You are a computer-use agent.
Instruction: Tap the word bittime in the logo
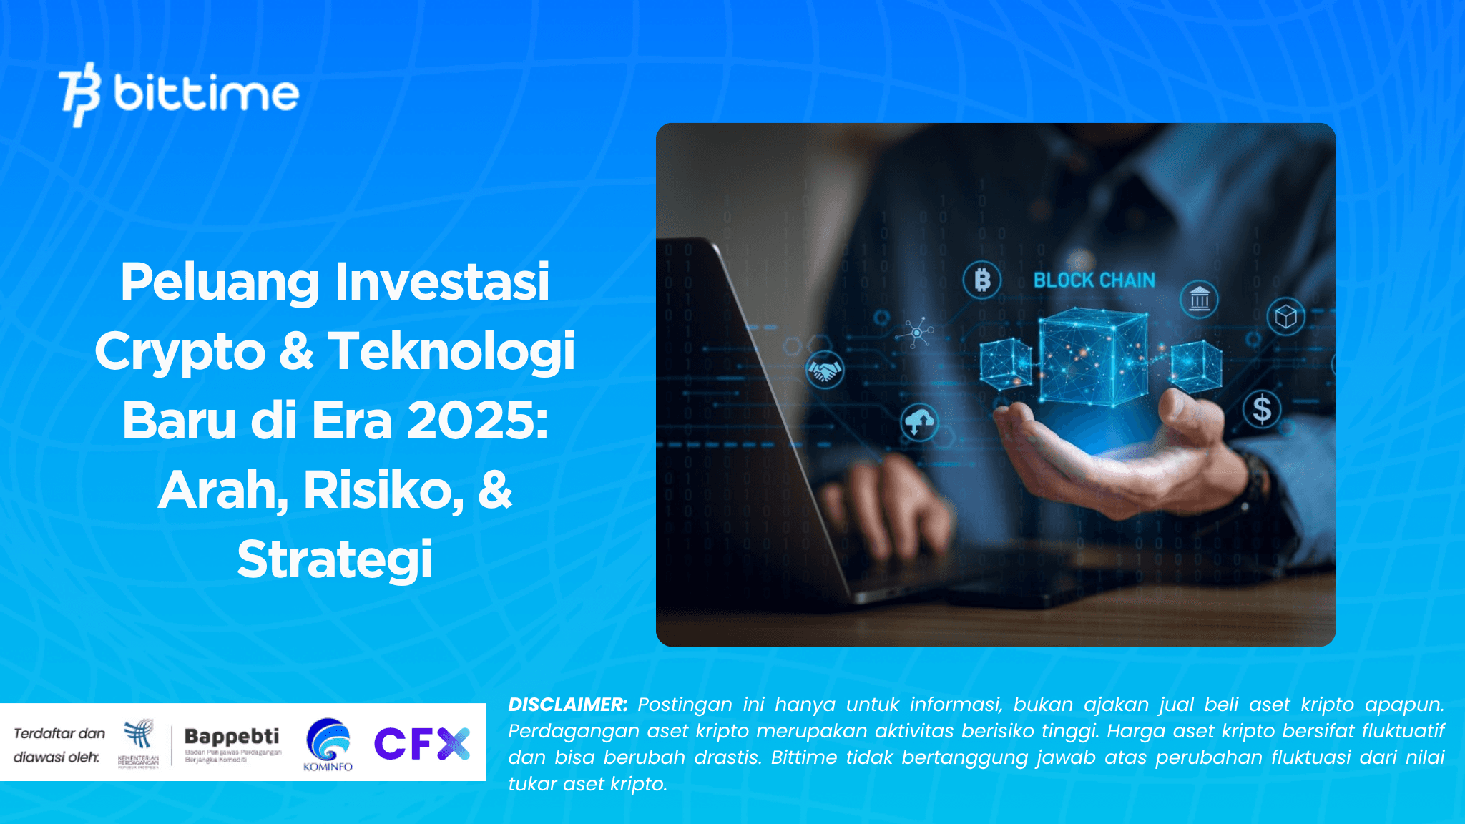[x=206, y=93]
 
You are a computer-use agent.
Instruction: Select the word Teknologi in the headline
[x=451, y=351]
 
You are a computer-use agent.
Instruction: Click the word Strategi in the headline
[x=335, y=559]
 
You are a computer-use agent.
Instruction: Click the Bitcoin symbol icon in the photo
[x=982, y=280]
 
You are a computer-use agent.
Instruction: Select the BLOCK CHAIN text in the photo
[x=1094, y=280]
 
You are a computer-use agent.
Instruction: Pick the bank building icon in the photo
[x=1200, y=299]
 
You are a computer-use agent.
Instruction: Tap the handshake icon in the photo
[x=825, y=371]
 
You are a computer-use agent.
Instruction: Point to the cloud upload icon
[x=920, y=422]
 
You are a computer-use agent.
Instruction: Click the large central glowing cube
[x=1092, y=356]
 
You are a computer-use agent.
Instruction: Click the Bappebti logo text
[x=232, y=736]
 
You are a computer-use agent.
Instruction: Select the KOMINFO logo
[x=328, y=745]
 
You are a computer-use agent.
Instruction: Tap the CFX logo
[x=422, y=743]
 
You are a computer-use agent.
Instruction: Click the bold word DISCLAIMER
[x=567, y=705]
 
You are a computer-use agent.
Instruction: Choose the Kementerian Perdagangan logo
[x=139, y=742]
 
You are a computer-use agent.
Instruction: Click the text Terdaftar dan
[x=59, y=734]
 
